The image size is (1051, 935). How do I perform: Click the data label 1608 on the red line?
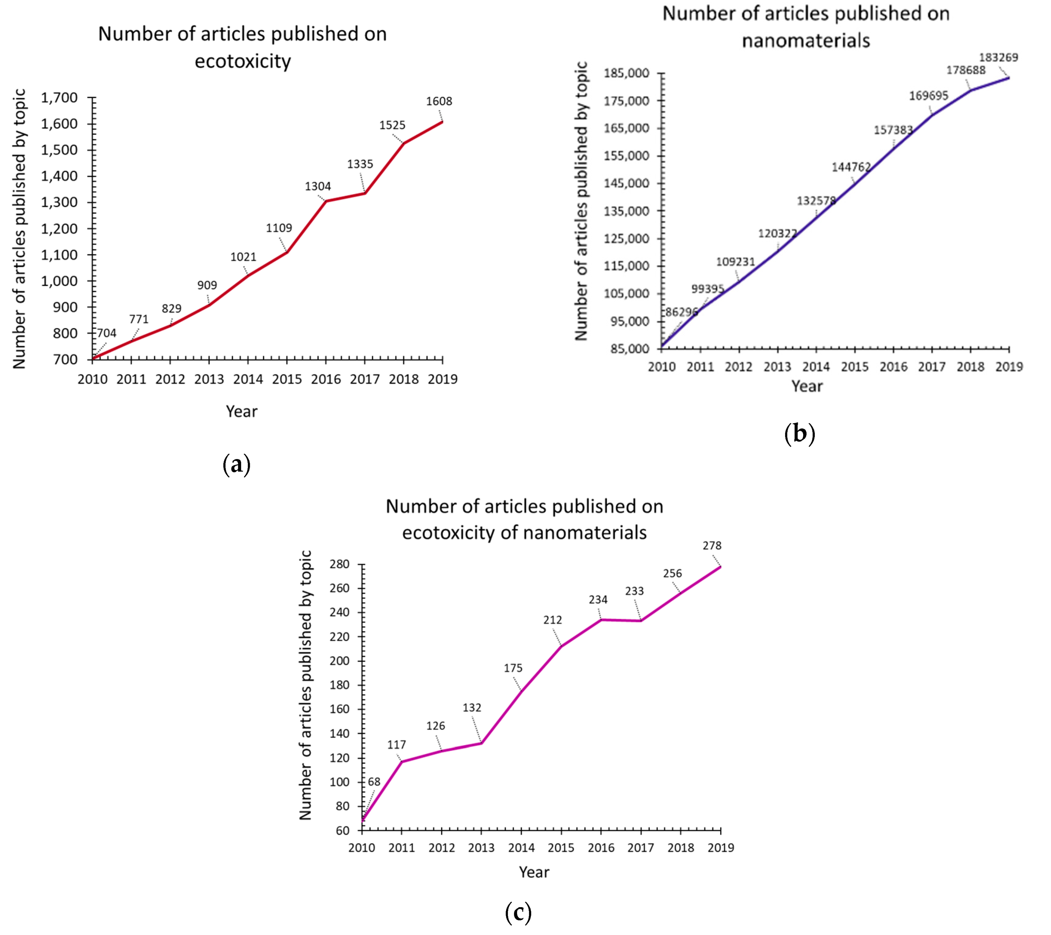click(438, 101)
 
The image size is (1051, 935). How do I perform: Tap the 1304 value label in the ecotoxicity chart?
click(318, 186)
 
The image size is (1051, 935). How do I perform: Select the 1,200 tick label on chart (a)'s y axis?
click(59, 229)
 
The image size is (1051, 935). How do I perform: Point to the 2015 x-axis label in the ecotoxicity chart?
click(287, 379)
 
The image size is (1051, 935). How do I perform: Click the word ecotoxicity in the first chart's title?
click(243, 61)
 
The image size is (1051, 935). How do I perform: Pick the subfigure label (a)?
click(237, 464)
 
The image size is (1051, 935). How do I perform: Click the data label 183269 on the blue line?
click(998, 57)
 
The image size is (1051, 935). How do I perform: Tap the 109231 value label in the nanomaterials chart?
click(735, 262)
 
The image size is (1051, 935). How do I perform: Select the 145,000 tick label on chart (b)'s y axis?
click(626, 183)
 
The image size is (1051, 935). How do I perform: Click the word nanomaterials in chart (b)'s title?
click(806, 40)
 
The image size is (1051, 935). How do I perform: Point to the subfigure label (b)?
click(799, 434)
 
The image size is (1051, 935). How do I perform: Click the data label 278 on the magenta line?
click(712, 546)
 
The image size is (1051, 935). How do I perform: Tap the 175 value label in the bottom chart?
click(513, 668)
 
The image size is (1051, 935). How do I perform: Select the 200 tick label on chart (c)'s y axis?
click(339, 661)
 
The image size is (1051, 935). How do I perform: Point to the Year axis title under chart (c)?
click(534, 872)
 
